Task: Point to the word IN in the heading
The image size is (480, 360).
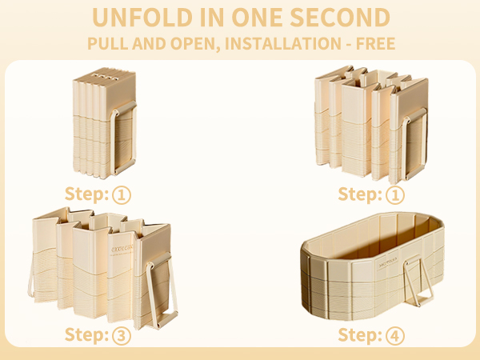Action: pos(212,18)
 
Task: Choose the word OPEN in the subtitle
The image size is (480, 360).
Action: pos(195,44)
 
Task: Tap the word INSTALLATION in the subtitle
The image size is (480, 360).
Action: pos(283,43)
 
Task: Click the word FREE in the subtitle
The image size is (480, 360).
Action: pos(376,43)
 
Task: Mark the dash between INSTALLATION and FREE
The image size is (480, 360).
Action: pos(349,44)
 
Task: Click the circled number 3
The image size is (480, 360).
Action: pos(122,335)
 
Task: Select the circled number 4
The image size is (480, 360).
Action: pos(395,335)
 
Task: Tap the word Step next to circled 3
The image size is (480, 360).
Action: pos(86,335)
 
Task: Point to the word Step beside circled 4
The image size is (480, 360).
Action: pos(360,335)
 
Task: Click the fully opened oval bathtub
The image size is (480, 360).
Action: pos(373,266)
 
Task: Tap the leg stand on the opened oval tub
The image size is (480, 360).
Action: pos(418,281)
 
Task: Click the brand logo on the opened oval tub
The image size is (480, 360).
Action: pos(388,262)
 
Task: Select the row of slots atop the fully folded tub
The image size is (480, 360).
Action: pos(106,77)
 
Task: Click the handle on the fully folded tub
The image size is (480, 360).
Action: pos(123,138)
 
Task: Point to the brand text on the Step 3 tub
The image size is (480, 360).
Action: pos(122,249)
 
